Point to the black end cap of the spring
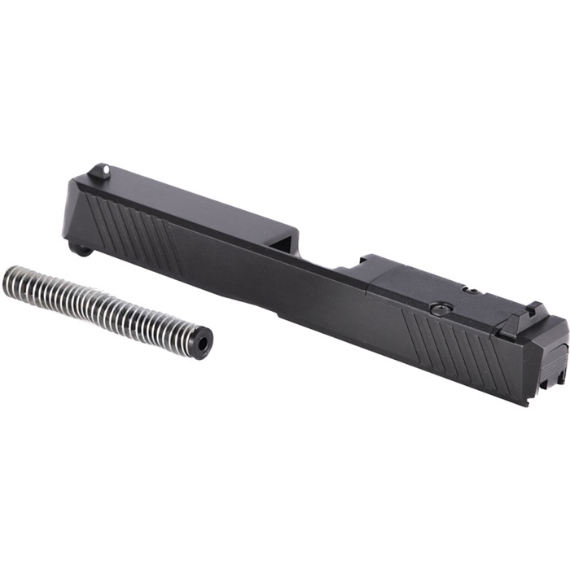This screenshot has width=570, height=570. coord(199,340)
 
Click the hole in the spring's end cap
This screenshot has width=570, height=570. coord(202,343)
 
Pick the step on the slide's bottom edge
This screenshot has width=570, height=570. coord(277,313)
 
